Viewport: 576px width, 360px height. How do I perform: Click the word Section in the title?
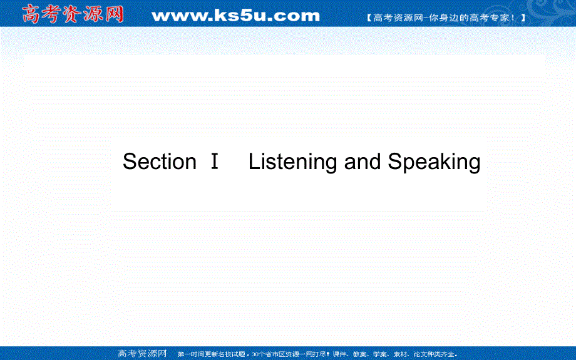pyautogui.click(x=160, y=162)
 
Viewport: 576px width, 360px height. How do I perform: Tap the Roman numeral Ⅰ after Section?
pyautogui.click(x=215, y=162)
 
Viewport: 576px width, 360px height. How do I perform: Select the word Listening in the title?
pyautogui.click(x=294, y=162)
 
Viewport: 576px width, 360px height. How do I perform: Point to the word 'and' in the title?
pyautogui.click(x=363, y=162)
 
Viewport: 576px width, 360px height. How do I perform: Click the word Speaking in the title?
pyautogui.click(x=434, y=162)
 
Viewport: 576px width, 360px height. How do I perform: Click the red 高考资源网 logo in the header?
pyautogui.click(x=73, y=14)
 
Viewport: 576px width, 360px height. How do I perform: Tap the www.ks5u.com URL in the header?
pyautogui.click(x=235, y=15)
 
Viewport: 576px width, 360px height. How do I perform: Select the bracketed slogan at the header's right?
pyautogui.click(x=446, y=18)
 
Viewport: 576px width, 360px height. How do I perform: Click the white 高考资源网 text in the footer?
pyautogui.click(x=143, y=353)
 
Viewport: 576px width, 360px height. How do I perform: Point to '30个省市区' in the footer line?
pyautogui.click(x=265, y=354)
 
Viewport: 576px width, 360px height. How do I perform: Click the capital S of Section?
pyautogui.click(x=130, y=162)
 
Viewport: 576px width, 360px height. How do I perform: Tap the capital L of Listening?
pyautogui.click(x=254, y=162)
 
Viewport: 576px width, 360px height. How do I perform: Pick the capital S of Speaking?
pyautogui.click(x=395, y=162)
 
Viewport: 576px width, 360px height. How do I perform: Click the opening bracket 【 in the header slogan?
pyautogui.click(x=369, y=18)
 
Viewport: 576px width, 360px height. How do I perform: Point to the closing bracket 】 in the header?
pyautogui.click(x=523, y=18)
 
